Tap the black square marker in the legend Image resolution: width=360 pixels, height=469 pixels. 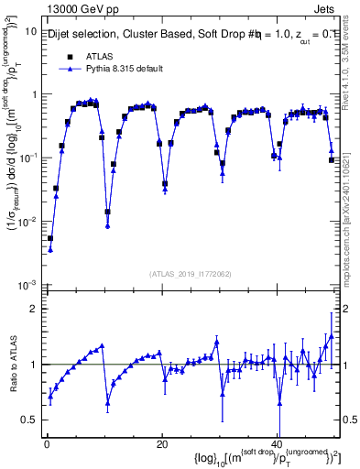click(70, 57)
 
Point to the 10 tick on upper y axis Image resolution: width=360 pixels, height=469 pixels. click(29, 31)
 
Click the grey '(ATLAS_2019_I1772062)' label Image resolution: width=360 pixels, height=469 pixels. click(191, 273)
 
